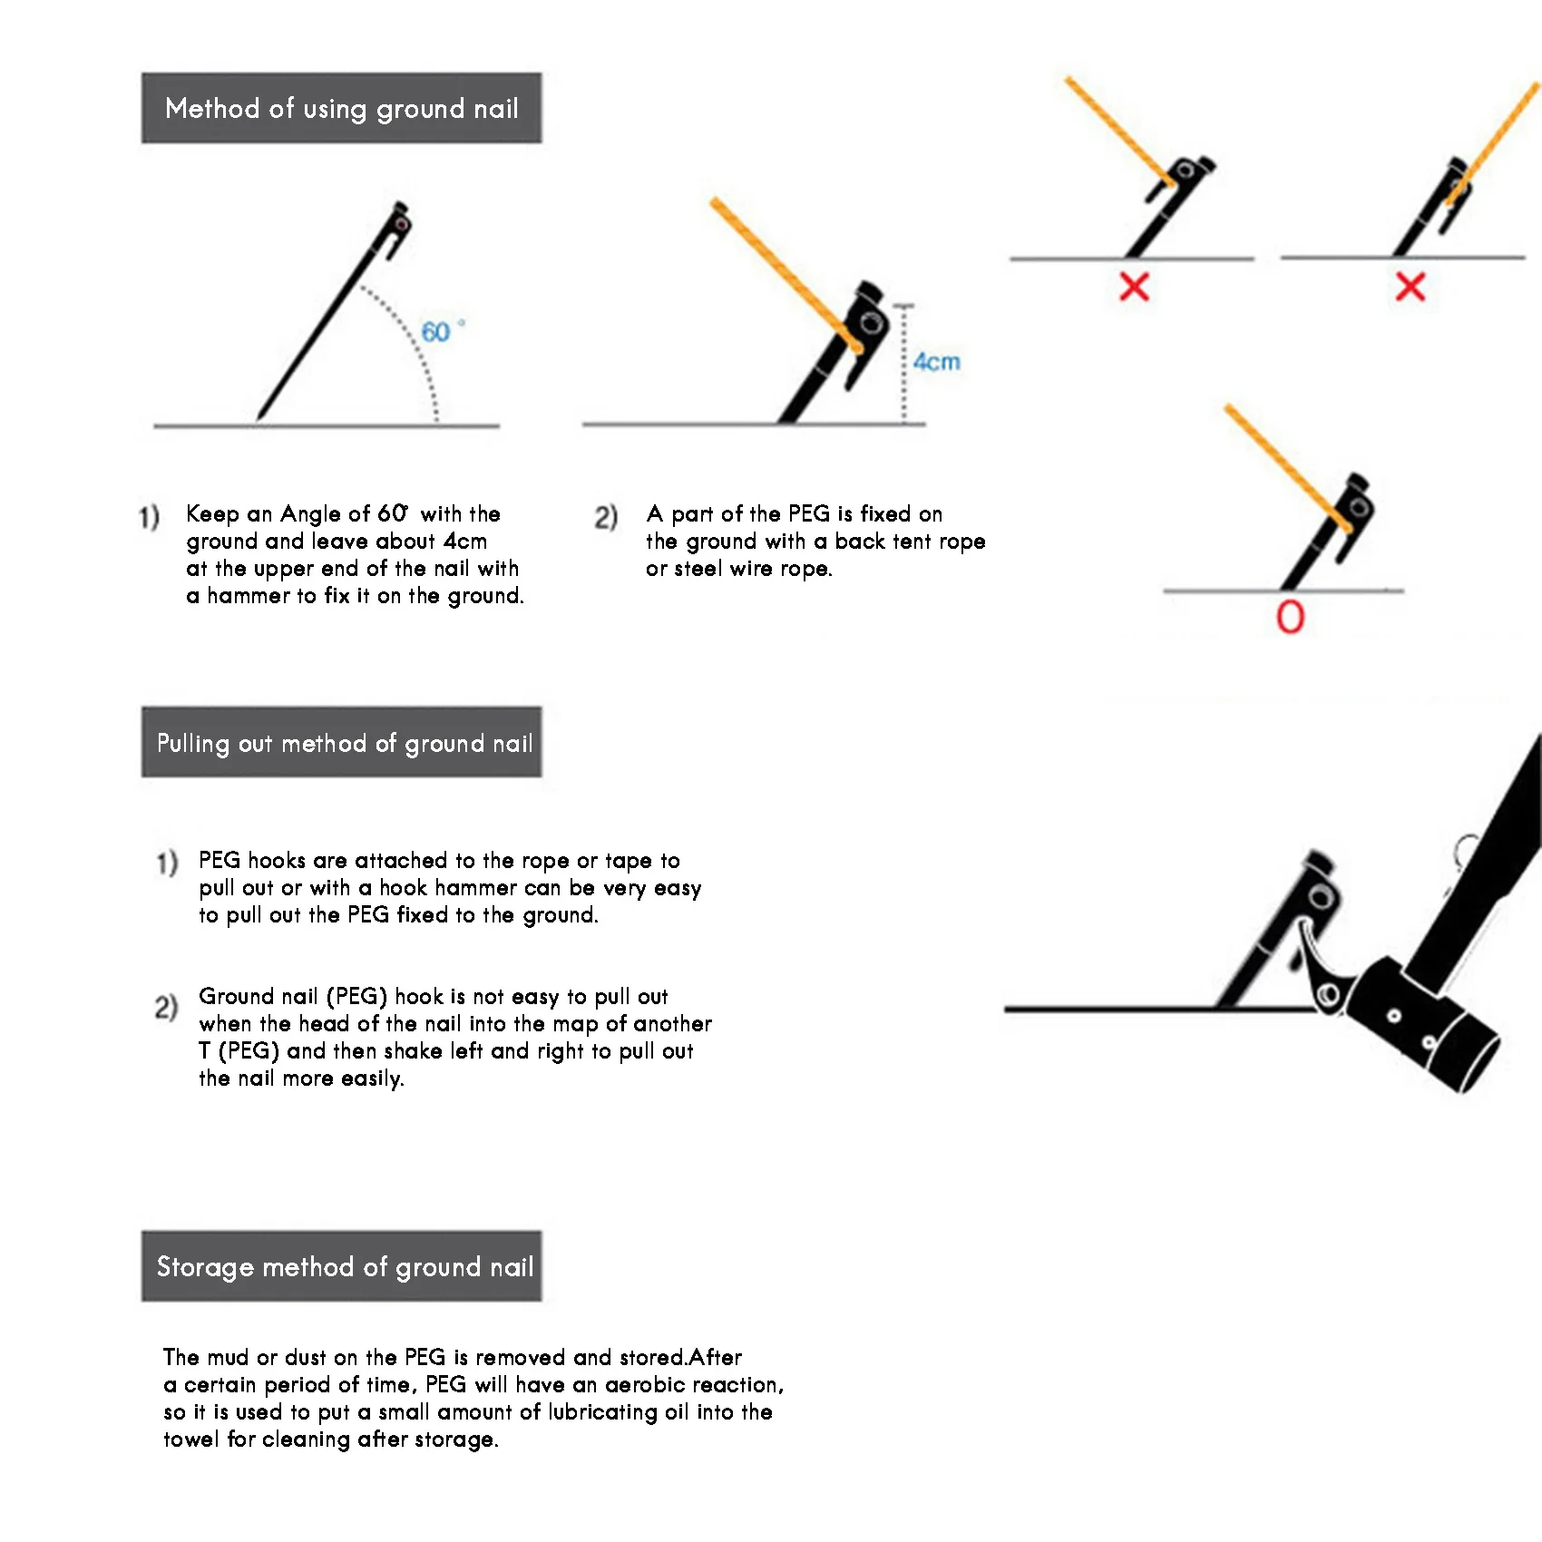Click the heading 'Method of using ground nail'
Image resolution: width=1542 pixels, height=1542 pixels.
point(341,109)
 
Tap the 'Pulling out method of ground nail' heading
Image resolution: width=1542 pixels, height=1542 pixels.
point(344,743)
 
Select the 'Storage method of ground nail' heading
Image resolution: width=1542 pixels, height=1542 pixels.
point(345,1266)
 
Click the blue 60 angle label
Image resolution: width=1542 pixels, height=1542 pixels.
point(436,332)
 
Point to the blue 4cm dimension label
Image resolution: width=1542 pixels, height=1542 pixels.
point(936,362)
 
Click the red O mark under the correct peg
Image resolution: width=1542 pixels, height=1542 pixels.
point(1290,618)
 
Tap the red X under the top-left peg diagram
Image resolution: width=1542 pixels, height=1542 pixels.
point(1134,287)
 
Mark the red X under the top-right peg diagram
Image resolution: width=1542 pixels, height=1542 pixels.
point(1410,287)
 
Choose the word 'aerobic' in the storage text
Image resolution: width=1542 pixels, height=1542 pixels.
point(641,1385)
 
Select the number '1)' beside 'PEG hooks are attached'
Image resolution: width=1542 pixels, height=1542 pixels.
point(167,862)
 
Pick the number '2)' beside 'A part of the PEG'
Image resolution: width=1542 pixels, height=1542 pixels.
point(606,517)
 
